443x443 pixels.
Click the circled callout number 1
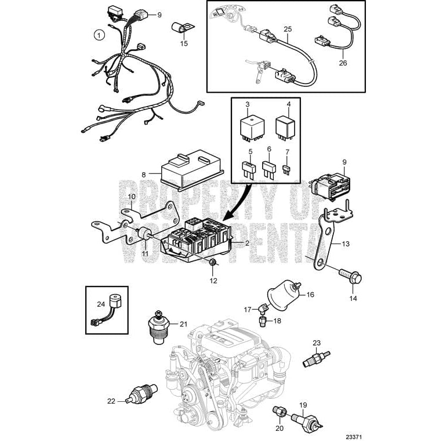(99, 35)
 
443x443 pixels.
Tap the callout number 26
(342, 63)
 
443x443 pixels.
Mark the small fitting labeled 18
(263, 319)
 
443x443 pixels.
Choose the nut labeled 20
(279, 412)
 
